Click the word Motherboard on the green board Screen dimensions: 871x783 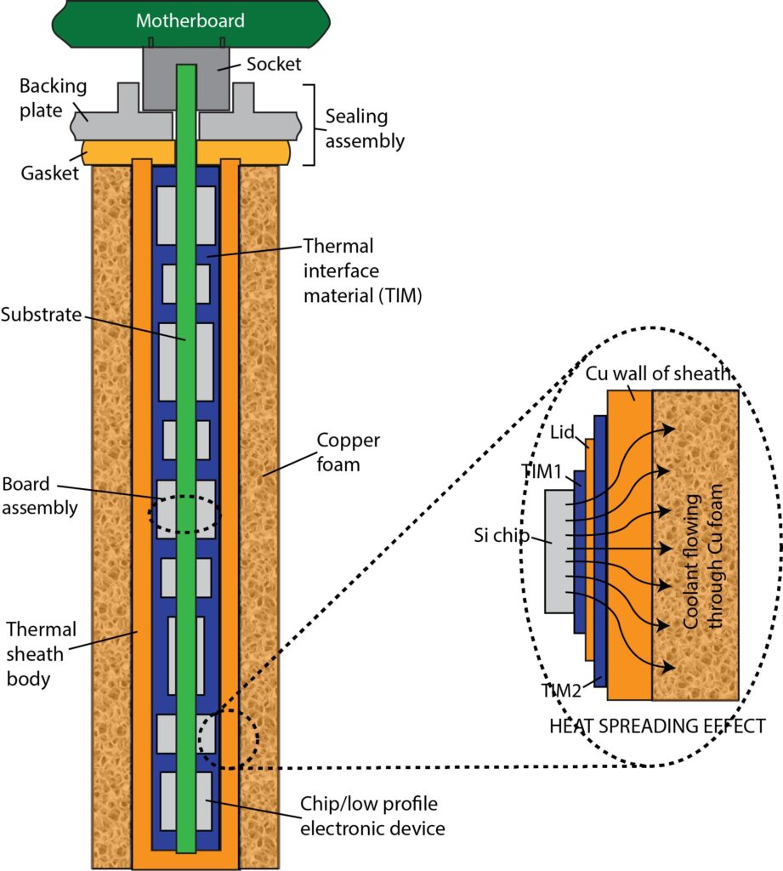click(190, 20)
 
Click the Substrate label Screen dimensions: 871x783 click(40, 316)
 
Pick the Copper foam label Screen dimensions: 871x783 click(348, 453)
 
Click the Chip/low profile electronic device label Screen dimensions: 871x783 click(372, 815)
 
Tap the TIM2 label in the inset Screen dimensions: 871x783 click(563, 690)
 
